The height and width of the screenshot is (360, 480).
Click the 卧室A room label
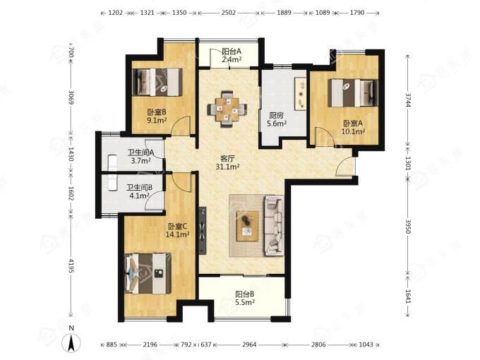click(353, 123)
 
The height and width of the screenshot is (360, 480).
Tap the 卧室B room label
click(157, 112)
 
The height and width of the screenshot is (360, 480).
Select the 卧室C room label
click(177, 227)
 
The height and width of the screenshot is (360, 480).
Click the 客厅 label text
click(227, 159)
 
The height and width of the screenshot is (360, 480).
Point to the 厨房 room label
click(277, 115)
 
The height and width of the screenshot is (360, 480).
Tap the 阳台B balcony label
click(245, 294)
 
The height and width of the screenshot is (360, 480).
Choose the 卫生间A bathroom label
click(140, 152)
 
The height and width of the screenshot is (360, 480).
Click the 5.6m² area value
click(277, 124)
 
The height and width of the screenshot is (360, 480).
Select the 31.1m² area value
click(227, 167)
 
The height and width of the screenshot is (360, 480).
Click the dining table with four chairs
click(227, 109)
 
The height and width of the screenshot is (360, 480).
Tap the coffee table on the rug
click(247, 226)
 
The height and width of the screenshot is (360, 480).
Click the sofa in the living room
click(274, 226)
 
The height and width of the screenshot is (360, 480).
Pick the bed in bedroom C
click(148, 273)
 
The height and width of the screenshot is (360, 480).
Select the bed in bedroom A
click(353, 93)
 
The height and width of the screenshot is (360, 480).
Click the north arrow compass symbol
click(71, 342)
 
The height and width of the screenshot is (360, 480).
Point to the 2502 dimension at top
click(229, 13)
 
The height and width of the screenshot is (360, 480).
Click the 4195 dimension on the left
click(71, 265)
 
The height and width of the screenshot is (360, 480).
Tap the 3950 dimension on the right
click(408, 226)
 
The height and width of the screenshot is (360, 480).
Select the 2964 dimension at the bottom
click(249, 344)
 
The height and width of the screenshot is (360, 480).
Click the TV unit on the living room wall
click(203, 231)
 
